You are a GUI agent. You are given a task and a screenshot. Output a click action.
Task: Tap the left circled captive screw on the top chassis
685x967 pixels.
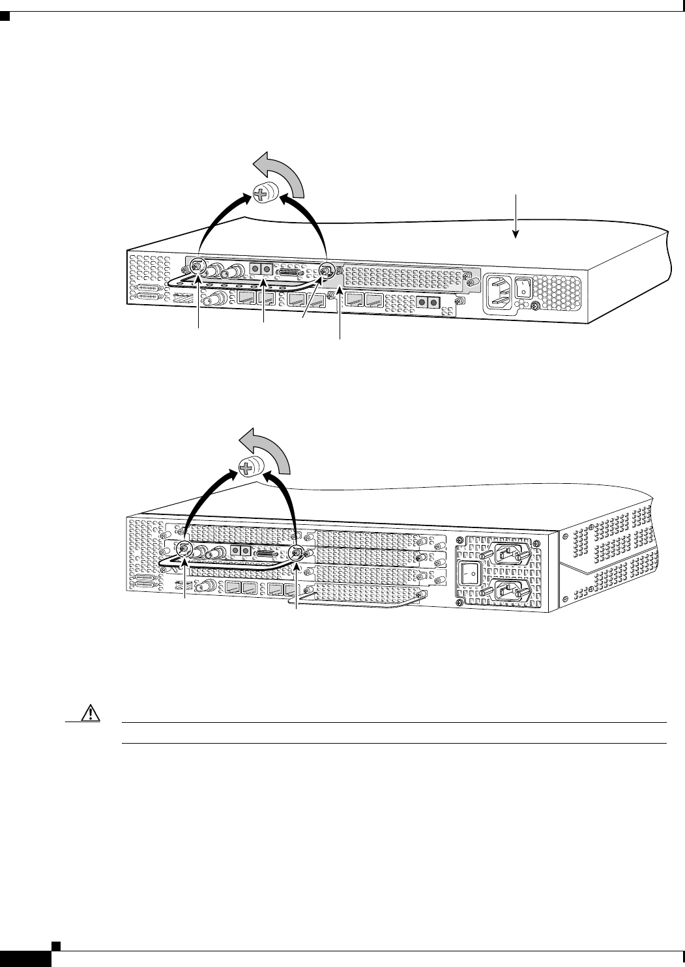pos(196,268)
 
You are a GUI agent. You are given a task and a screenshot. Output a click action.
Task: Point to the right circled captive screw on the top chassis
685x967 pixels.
pos(326,269)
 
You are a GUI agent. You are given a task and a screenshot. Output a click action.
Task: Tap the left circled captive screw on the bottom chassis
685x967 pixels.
pos(185,548)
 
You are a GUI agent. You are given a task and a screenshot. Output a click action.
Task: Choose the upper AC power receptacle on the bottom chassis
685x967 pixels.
pos(508,553)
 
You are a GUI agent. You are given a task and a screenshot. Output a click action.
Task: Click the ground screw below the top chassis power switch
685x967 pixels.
pos(535,306)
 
